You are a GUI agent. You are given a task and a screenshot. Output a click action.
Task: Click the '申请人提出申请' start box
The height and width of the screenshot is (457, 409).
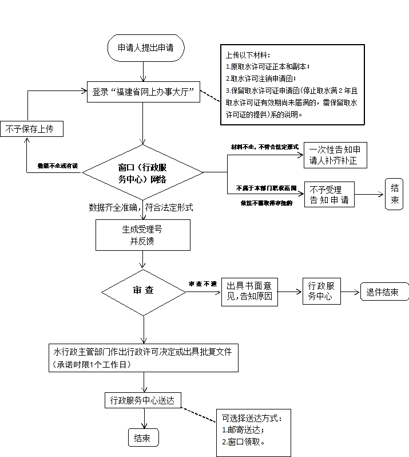146,48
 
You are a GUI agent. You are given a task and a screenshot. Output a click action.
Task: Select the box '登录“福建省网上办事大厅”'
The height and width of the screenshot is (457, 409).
144,91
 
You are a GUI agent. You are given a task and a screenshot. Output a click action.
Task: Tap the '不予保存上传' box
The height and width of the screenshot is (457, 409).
31,129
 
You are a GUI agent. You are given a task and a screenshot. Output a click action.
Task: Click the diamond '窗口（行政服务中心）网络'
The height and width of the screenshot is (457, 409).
142,172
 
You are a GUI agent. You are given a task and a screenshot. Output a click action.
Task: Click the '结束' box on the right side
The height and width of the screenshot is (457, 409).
395,195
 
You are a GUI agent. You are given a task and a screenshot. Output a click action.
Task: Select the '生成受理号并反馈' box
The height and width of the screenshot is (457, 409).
142,235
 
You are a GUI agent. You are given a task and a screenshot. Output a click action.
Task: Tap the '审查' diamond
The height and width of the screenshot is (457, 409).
142,290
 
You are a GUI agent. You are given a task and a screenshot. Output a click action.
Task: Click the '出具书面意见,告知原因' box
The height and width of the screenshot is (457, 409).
253,291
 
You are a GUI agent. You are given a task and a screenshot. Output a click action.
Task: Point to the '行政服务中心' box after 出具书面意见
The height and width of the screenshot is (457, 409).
321,291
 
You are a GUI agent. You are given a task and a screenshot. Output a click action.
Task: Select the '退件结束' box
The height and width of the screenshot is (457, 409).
383,291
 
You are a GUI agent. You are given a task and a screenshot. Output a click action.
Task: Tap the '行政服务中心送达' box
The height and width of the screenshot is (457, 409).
142,400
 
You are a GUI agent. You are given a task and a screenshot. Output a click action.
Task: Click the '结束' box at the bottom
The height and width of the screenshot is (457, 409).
142,439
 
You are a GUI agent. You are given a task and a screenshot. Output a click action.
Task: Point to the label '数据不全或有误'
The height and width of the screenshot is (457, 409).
57,166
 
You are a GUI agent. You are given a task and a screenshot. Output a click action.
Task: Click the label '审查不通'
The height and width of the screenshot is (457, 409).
203,284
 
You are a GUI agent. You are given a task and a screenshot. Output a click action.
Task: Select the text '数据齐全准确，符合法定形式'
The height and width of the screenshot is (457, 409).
141,207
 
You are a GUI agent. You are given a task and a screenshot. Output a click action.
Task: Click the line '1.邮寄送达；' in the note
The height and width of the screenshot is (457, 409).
243,430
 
